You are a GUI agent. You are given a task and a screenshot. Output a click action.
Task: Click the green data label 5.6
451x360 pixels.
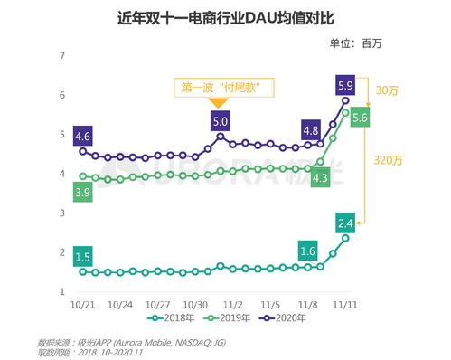click(x=360, y=117)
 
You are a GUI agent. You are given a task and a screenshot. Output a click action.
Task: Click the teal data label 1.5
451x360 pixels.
click(x=83, y=256)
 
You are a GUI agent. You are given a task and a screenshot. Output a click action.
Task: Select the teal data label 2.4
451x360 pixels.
click(x=344, y=222)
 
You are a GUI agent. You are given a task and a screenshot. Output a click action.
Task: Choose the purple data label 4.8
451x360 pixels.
click(x=310, y=130)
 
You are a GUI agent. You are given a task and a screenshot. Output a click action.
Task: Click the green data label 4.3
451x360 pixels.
click(x=319, y=178)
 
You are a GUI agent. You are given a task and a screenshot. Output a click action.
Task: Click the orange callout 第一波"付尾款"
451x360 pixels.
click(x=226, y=88)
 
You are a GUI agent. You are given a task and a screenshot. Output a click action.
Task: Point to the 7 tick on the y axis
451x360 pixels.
click(x=63, y=55)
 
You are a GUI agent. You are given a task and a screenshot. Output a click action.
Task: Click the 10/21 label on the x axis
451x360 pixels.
click(x=83, y=305)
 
